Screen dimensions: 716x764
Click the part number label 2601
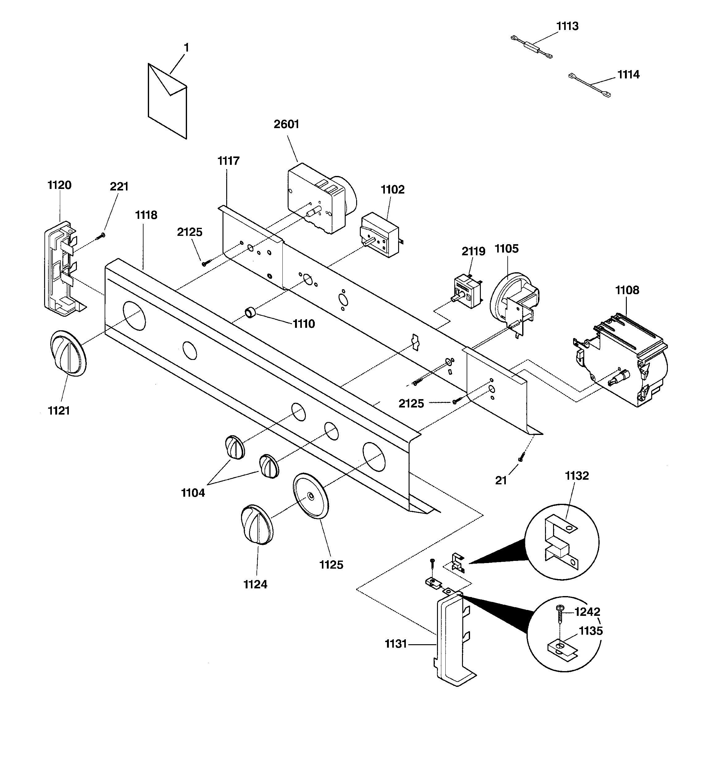286,124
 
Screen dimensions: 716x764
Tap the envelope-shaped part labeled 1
168,101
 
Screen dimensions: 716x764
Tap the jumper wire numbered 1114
589,85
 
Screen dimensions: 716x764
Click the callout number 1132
577,476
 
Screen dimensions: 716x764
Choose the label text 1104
193,493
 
